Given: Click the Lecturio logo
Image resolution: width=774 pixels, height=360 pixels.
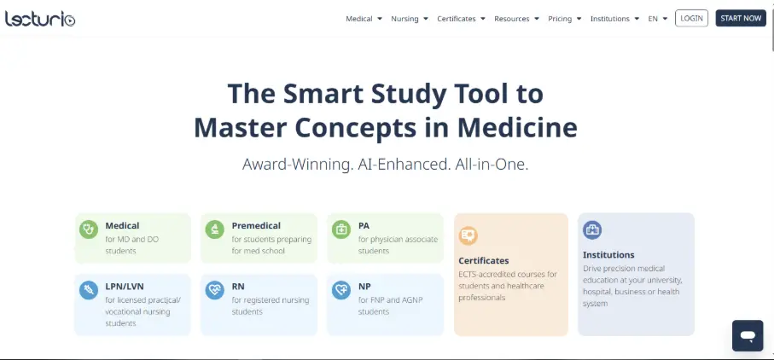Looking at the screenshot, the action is [40, 19].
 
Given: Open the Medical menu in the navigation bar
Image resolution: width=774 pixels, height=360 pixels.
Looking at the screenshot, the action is [364, 19].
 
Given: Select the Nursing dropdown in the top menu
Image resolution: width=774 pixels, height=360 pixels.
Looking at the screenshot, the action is [410, 19].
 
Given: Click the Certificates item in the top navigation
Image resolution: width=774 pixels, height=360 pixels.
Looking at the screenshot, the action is [461, 19].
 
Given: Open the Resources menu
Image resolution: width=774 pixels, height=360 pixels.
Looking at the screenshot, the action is [516, 19].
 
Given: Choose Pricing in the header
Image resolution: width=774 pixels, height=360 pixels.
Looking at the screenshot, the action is [565, 19].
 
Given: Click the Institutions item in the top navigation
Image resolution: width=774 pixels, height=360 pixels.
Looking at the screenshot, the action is [614, 19].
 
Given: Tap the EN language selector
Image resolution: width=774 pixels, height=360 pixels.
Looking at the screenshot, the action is [657, 19].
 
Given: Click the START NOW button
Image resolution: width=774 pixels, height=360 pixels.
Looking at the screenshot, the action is [741, 18].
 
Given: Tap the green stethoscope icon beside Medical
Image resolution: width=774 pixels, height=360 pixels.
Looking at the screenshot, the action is [89, 229].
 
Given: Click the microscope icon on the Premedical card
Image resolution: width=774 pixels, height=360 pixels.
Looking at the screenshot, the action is [215, 229].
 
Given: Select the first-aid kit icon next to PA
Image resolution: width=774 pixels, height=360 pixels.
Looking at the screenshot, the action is [341, 229].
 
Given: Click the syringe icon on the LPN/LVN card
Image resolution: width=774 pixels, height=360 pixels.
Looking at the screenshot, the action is [89, 290].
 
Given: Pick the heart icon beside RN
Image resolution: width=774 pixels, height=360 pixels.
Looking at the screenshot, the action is [215, 290].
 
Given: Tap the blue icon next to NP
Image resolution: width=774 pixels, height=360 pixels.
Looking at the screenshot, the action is [341, 290].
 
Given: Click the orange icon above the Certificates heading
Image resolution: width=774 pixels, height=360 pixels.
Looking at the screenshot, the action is [468, 235].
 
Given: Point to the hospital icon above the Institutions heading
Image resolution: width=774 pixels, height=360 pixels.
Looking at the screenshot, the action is [592, 229].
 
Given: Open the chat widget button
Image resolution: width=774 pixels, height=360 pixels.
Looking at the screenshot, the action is [748, 336].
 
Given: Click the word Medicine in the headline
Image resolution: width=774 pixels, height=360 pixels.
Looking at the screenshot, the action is [517, 127].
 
